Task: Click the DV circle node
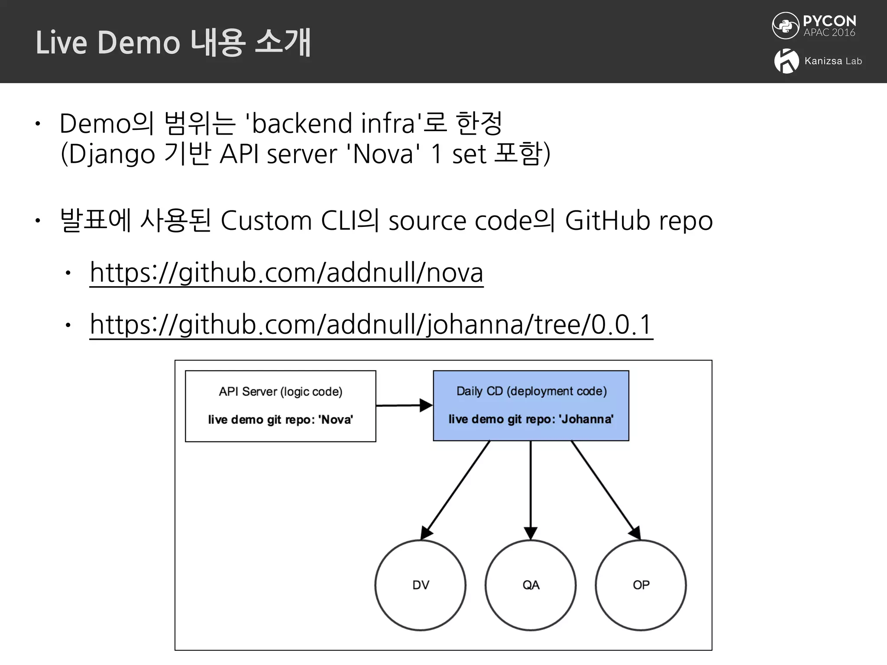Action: tap(420, 585)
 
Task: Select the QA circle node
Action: tap(531, 585)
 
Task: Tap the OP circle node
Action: tap(641, 585)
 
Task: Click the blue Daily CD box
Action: tap(531, 406)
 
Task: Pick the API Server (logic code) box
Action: tap(280, 406)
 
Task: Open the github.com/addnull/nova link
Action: tap(286, 273)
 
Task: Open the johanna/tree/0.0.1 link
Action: tap(371, 325)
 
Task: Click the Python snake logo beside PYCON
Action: tap(785, 26)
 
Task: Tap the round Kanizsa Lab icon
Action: tap(786, 61)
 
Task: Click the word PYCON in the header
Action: tap(829, 21)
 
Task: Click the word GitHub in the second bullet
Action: tap(608, 221)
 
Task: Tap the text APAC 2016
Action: tap(829, 33)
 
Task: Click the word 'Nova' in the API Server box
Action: tap(336, 420)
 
